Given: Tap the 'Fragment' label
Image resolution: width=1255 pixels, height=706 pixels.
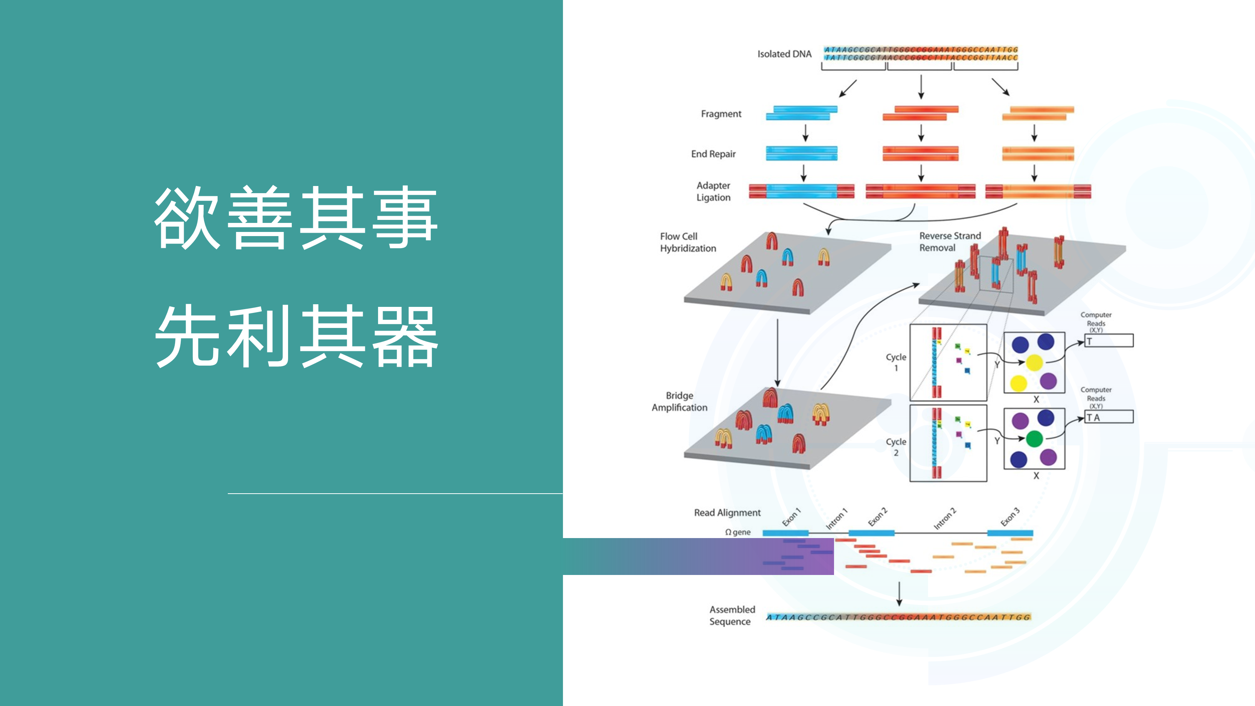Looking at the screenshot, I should tap(721, 114).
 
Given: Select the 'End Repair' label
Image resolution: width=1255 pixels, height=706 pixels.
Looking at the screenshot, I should tap(713, 154).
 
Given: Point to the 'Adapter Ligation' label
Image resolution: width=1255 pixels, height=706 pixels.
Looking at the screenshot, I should tap(713, 192).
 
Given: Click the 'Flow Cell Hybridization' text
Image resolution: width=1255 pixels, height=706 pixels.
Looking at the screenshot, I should tap(688, 242).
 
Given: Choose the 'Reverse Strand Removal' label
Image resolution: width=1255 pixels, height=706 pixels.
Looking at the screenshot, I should tap(950, 242).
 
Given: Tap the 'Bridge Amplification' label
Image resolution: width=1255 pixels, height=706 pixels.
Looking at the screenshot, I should tap(679, 401).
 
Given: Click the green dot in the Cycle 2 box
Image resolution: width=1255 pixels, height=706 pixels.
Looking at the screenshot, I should tap(1034, 439).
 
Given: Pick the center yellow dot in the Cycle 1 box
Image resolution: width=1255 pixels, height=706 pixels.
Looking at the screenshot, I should tap(1034, 363).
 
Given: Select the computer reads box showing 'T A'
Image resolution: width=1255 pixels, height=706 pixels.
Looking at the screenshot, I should tap(1109, 417).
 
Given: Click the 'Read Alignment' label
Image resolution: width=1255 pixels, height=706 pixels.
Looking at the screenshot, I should tap(727, 512).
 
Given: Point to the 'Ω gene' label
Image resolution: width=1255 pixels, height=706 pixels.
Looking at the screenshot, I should tap(738, 532).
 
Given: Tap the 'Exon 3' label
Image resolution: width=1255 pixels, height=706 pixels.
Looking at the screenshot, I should tap(1010, 517).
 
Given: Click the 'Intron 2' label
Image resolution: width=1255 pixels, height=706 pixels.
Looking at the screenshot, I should tap(945, 518).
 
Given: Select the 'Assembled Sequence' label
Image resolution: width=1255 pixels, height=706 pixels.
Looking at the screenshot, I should tap(732, 615).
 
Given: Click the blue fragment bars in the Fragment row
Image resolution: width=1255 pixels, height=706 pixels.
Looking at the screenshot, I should tap(801, 113).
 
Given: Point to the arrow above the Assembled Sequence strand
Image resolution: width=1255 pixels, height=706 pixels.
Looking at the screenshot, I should tap(899, 593).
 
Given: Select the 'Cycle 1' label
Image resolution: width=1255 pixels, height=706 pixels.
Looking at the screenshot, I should tap(895, 362).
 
